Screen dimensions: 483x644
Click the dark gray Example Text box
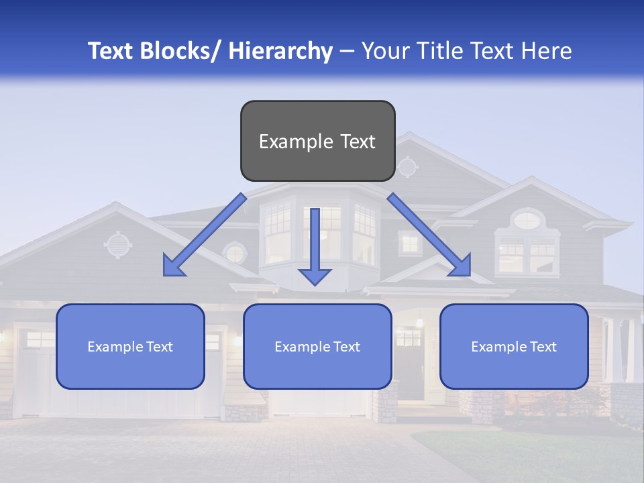pos(317,141)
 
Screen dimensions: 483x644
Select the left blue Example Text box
pos(130,346)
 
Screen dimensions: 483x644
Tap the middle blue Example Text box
pos(317,346)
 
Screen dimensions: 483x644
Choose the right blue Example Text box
pos(514,346)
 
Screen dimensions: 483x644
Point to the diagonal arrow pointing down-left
pos(205,235)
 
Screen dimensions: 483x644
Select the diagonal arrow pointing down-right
pos(429,235)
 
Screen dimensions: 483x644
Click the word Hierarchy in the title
pos(280,51)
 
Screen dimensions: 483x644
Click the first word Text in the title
pos(112,51)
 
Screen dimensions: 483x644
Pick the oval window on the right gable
pos(527,219)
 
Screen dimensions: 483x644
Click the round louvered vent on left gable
pos(118,245)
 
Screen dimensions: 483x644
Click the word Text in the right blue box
pos(543,346)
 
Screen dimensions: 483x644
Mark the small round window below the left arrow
pos(235,254)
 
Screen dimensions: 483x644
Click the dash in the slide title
pos(347,51)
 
